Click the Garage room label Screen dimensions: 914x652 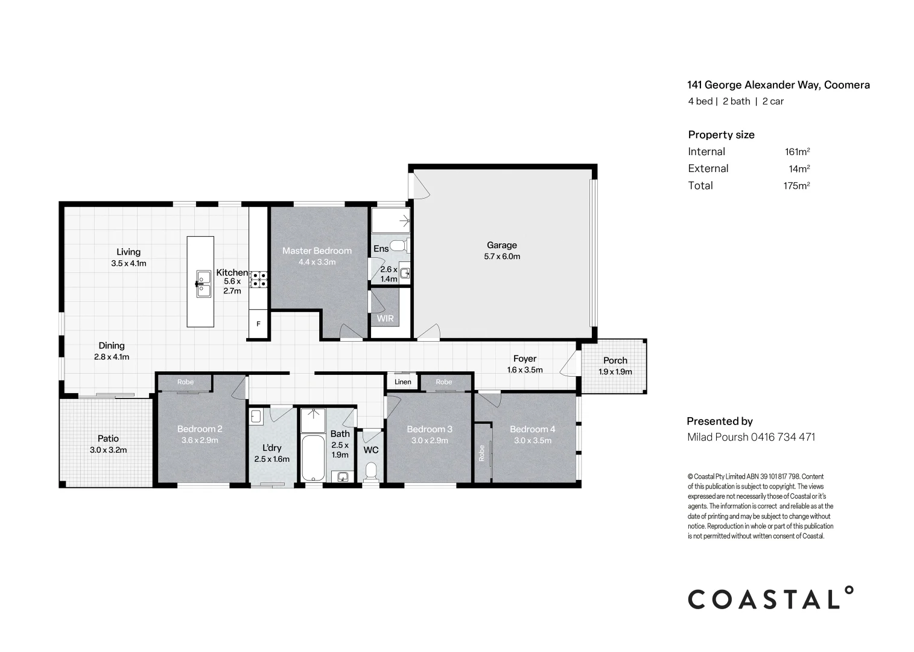[501, 245]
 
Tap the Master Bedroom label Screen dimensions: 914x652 [317, 251]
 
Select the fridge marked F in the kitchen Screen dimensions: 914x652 [258, 324]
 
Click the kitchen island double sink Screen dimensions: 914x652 [203, 283]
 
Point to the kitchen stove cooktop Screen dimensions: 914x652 [259, 280]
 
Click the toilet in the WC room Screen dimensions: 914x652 [371, 472]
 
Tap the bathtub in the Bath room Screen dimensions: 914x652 [313, 458]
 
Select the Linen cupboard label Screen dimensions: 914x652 [403, 382]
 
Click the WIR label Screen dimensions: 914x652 [385, 318]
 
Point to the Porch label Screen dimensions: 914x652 [615, 360]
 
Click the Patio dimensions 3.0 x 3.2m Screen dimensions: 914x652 [108, 450]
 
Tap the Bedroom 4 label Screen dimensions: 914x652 [533, 429]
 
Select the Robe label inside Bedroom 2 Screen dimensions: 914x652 [185, 382]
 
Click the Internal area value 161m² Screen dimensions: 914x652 [798, 152]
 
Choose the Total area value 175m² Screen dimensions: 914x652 [796, 186]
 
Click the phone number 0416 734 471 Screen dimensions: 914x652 [783, 437]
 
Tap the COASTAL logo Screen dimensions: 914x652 [770, 598]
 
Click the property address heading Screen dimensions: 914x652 [778, 85]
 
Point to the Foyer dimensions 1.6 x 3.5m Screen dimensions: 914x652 [525, 370]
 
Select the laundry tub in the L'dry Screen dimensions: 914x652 [255, 417]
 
